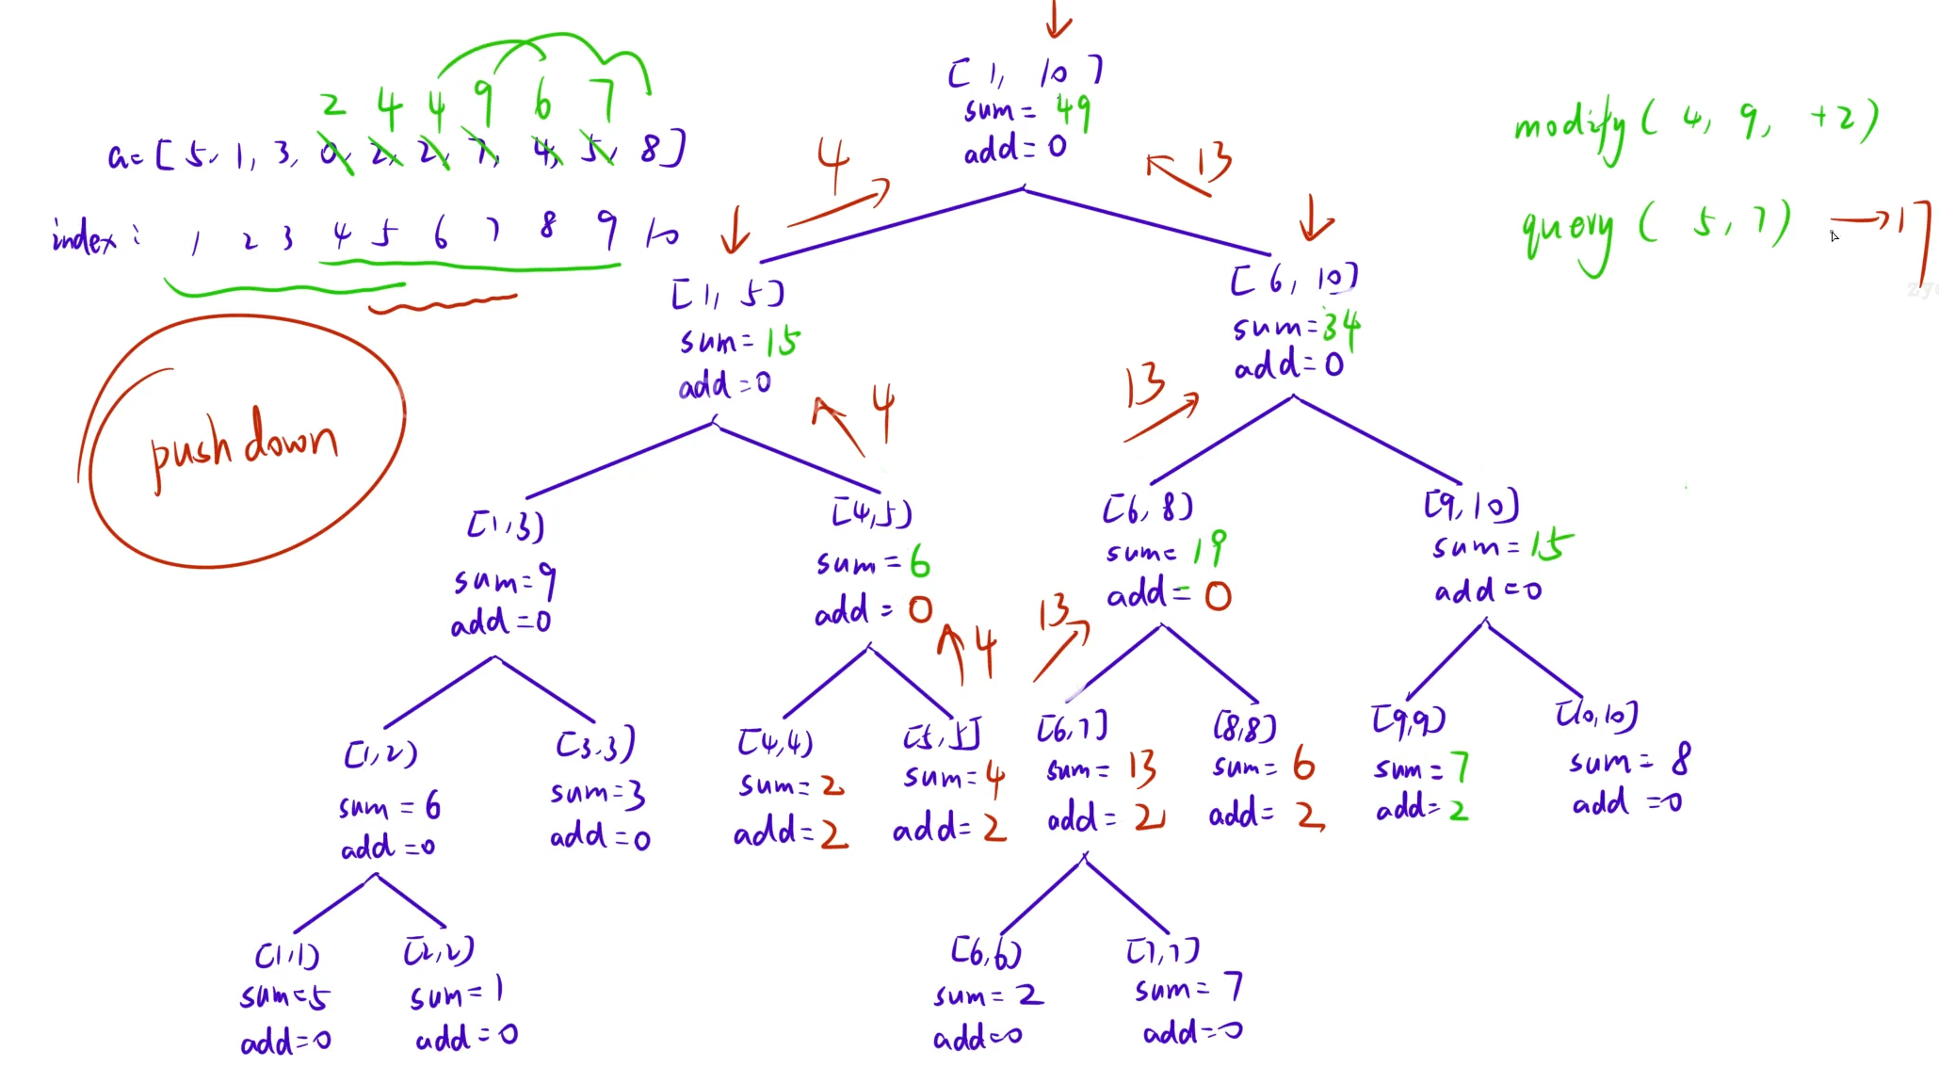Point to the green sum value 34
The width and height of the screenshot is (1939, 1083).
(1341, 328)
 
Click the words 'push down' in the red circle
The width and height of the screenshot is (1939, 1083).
(244, 444)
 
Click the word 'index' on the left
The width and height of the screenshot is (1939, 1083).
(84, 236)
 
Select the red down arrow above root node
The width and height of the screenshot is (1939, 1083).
(1058, 19)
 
